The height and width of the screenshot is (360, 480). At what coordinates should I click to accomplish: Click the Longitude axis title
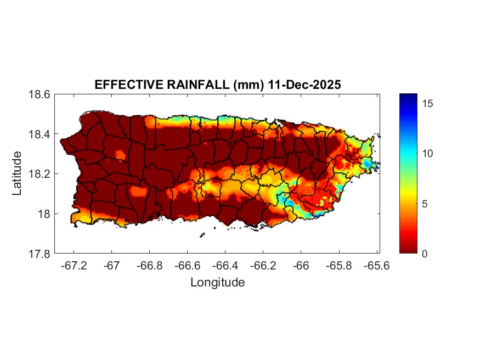[x=217, y=283]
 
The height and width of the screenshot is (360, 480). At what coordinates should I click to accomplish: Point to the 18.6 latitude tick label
[x=40, y=94]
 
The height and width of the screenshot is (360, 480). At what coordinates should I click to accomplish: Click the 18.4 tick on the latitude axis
[x=40, y=134]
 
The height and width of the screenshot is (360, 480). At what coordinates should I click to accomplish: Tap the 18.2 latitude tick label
[x=40, y=174]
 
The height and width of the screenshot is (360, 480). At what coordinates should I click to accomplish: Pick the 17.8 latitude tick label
[x=40, y=254]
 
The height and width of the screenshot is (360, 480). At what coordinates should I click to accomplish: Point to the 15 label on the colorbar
[x=429, y=103]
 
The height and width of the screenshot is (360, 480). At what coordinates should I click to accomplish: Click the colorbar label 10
[x=429, y=153]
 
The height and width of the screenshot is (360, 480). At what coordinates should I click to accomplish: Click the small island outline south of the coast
[x=202, y=235]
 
